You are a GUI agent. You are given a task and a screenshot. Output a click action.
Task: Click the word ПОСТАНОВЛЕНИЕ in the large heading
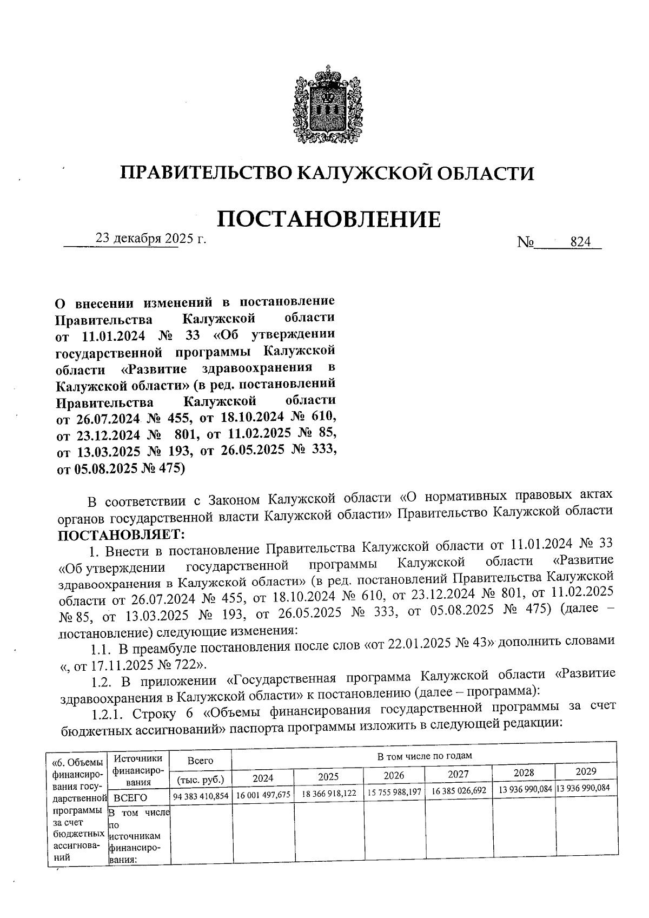click(328, 219)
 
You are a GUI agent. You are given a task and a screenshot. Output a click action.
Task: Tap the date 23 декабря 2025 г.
click(151, 238)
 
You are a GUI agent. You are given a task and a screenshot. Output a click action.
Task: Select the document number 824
click(580, 243)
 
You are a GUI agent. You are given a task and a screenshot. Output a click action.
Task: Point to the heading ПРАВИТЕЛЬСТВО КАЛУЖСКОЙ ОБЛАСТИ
click(327, 173)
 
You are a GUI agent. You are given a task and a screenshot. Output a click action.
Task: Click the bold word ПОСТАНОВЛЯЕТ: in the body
click(121, 535)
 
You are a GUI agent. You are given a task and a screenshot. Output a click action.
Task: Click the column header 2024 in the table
click(263, 778)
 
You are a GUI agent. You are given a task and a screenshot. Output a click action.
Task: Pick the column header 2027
click(458, 774)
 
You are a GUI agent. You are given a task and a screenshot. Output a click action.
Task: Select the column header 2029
click(586, 771)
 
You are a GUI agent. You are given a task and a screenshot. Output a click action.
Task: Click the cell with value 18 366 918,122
click(328, 793)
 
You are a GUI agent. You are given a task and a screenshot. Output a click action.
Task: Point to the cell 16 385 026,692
click(458, 791)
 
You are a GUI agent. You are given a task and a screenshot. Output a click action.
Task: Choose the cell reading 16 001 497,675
click(263, 795)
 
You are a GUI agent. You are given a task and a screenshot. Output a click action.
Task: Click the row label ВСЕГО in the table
click(127, 797)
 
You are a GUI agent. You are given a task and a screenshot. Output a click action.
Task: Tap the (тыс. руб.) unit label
click(201, 780)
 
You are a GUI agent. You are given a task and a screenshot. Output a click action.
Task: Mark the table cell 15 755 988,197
click(394, 792)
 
